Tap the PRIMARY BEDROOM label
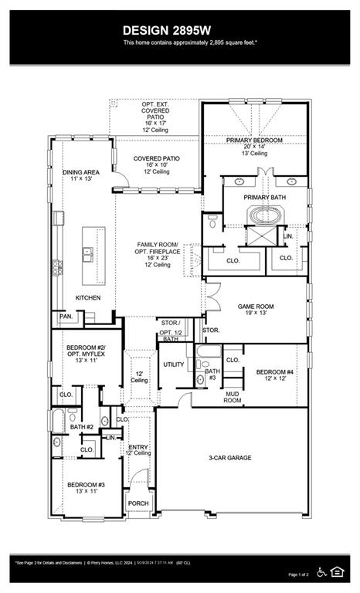[x=254, y=140]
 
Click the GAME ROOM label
[x=255, y=307]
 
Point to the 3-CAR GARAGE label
[x=230, y=458]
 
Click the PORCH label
[x=138, y=503]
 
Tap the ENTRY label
[x=138, y=447]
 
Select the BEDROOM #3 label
[x=85, y=485]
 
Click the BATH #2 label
[x=81, y=427]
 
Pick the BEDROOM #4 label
[x=274, y=372]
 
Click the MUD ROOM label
[x=233, y=397]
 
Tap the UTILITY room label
[x=173, y=364]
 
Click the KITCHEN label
[x=87, y=297]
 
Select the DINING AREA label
[x=80, y=174]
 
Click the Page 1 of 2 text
[x=297, y=575]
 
